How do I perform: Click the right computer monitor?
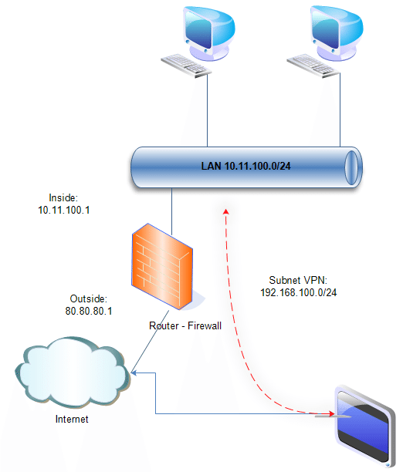tap(337, 33)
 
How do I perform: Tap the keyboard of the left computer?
tap(186, 66)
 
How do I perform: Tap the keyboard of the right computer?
tap(313, 66)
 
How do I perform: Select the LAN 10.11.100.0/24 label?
tap(246, 166)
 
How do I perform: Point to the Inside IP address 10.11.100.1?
tap(64, 210)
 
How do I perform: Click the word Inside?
tap(63, 197)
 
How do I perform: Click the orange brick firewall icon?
tap(162, 266)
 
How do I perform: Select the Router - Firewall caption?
tap(185, 325)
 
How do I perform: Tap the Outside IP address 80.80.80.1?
tap(89, 311)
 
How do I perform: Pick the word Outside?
tap(88, 298)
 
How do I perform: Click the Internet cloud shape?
tap(73, 373)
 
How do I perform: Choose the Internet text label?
tap(72, 419)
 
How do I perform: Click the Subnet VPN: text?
tap(298, 280)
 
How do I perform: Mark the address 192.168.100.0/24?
tap(299, 292)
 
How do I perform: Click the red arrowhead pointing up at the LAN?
tap(225, 211)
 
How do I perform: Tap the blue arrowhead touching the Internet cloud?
tap(134, 373)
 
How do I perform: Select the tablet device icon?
tap(365, 426)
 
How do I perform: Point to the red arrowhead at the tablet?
tap(331, 414)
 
